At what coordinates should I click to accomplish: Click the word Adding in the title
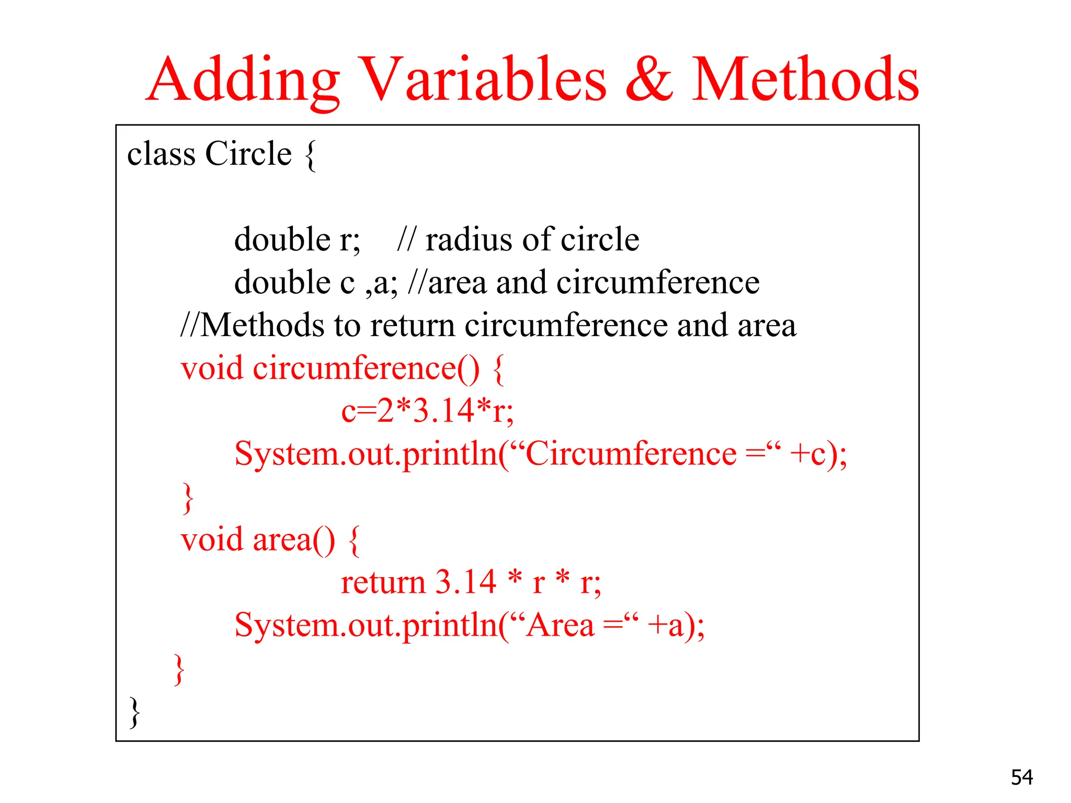point(243,81)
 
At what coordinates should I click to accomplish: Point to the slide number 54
point(1021,777)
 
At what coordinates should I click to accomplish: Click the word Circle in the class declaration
point(248,154)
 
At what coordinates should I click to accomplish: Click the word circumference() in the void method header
point(366,369)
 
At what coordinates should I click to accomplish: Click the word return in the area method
point(383,582)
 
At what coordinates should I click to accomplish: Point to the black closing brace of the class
point(134,712)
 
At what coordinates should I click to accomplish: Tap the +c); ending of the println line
point(818,454)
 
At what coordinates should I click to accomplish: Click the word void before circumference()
point(212,369)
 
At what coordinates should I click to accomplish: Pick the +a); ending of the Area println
point(676,625)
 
